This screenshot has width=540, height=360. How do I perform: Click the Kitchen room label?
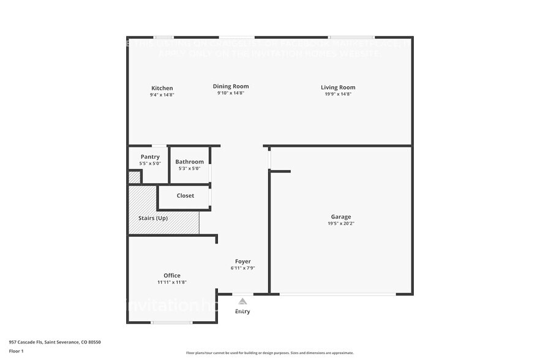click(162, 88)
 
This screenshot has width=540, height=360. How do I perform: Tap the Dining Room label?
click(231, 86)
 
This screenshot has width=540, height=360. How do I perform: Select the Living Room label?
click(338, 88)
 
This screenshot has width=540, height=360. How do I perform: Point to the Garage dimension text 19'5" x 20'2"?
click(341, 223)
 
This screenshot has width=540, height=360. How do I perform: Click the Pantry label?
click(150, 157)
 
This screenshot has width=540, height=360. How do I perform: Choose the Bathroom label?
click(189, 162)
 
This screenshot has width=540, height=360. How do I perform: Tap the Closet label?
click(186, 196)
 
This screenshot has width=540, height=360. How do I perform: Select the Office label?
click(172, 276)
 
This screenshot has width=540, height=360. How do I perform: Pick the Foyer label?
click(243, 261)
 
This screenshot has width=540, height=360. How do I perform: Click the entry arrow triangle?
click(243, 301)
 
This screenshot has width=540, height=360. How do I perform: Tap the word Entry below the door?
click(243, 312)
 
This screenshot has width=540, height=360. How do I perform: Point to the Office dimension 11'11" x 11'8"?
click(172, 282)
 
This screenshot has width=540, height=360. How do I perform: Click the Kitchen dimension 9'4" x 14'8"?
click(162, 95)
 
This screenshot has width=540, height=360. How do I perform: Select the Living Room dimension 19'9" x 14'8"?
click(338, 94)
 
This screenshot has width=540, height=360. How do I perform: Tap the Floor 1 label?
click(17, 351)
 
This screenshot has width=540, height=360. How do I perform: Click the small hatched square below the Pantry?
click(133, 177)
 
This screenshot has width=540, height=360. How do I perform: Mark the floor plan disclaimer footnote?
click(270, 353)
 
